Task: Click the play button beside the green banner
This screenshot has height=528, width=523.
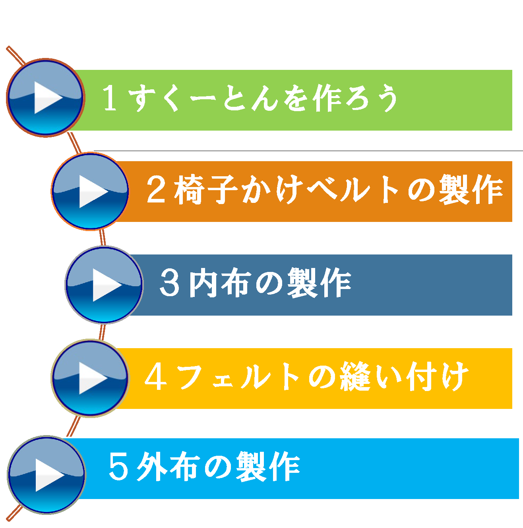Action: pyautogui.click(x=46, y=98)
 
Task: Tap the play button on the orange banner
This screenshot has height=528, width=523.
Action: pyautogui.click(x=90, y=191)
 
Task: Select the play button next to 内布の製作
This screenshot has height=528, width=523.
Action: pyautogui.click(x=104, y=285)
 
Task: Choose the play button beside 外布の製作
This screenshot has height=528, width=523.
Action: pyautogui.click(x=46, y=475)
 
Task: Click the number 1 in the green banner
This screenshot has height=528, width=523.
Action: pyautogui.click(x=110, y=98)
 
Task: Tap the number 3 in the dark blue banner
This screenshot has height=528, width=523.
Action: pyautogui.click(x=169, y=283)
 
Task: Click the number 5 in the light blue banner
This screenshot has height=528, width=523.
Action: pyautogui.click(x=118, y=466)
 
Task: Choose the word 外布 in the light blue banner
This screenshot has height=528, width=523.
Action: pyautogui.click(x=169, y=466)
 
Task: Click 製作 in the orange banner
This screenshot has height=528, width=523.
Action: pyautogui.click(x=471, y=189)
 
